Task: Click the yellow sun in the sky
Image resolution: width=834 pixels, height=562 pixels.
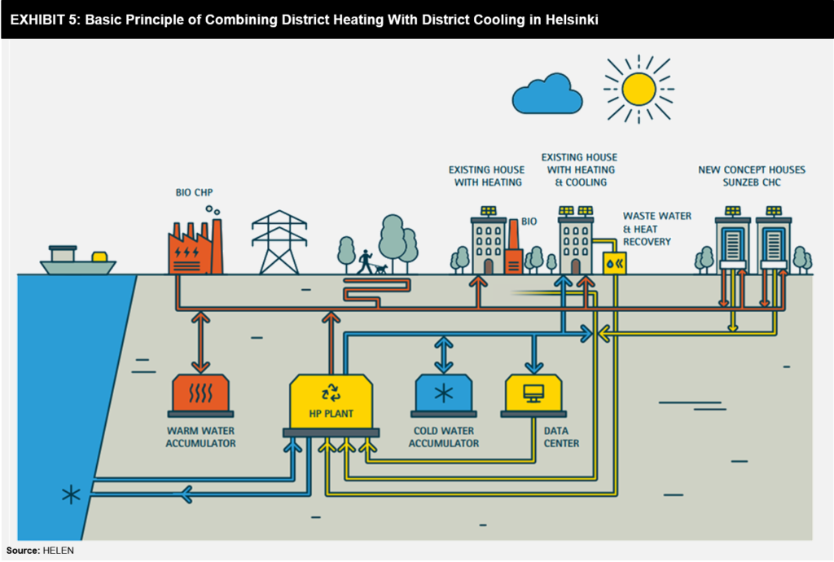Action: click(x=639, y=90)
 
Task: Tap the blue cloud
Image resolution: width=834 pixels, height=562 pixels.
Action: click(x=547, y=95)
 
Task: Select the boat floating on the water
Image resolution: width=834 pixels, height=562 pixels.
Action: click(x=78, y=261)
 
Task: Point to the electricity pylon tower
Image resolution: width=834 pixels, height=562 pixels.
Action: click(x=279, y=243)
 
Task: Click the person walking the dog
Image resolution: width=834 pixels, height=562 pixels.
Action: click(x=366, y=261)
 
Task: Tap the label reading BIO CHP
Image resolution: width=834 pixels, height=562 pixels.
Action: click(x=194, y=193)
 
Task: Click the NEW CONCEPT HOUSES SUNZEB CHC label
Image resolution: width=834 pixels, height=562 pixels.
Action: click(x=751, y=176)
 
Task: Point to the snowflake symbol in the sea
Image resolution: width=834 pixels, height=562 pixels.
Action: click(x=72, y=494)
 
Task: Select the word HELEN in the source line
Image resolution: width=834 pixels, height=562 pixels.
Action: click(x=59, y=551)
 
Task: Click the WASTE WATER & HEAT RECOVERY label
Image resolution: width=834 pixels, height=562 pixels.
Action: click(x=657, y=229)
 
